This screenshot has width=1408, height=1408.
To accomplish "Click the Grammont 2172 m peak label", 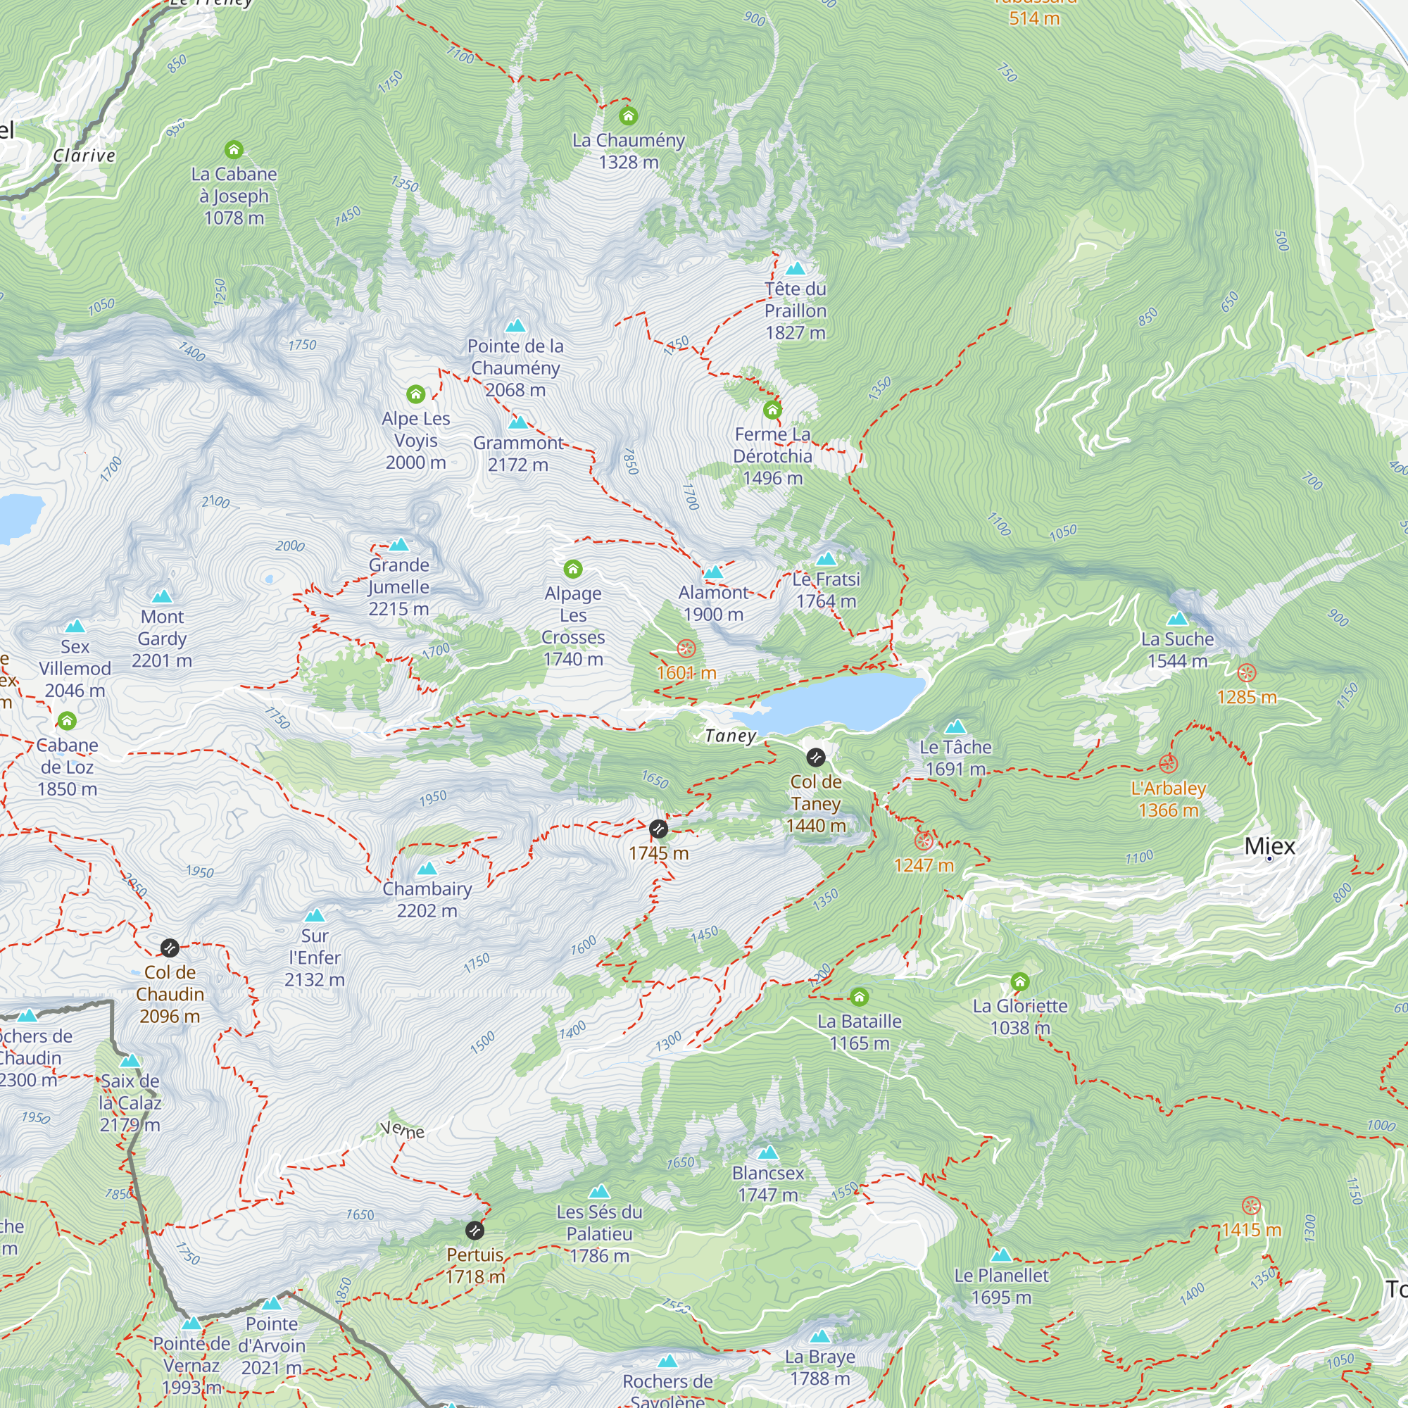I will (x=517, y=453).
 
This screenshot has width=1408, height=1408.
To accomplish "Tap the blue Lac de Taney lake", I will (x=838, y=703).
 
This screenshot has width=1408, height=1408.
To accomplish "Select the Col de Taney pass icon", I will (x=815, y=758).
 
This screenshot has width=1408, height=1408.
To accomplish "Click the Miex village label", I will (x=1269, y=846).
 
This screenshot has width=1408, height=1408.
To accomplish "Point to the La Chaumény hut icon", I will (x=628, y=116).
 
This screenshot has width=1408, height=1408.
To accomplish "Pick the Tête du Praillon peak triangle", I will (x=795, y=268).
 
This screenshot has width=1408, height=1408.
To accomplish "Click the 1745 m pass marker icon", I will (x=658, y=829).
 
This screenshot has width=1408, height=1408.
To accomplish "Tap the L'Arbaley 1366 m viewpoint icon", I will (x=1168, y=764).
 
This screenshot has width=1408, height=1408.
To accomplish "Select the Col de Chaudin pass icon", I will (x=170, y=948).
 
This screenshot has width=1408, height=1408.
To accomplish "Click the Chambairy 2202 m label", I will (x=427, y=899).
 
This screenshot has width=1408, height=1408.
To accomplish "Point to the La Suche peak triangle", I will (x=1177, y=620).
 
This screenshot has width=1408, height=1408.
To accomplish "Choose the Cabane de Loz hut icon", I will (x=67, y=721).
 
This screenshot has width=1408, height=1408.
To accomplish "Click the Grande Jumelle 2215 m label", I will (x=398, y=586).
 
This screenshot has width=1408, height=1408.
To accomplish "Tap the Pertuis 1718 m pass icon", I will (x=474, y=1230).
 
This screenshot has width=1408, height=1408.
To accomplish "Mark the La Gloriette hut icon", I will (x=1019, y=981).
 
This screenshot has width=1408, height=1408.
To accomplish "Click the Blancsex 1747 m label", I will (x=767, y=1183).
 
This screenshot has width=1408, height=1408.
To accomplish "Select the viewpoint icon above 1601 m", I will (x=686, y=648).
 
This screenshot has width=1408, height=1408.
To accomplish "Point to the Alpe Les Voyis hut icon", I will (x=415, y=394).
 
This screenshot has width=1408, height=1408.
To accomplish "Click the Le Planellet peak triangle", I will (x=1001, y=1255).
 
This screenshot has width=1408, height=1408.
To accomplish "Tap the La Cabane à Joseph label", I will (x=234, y=195).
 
